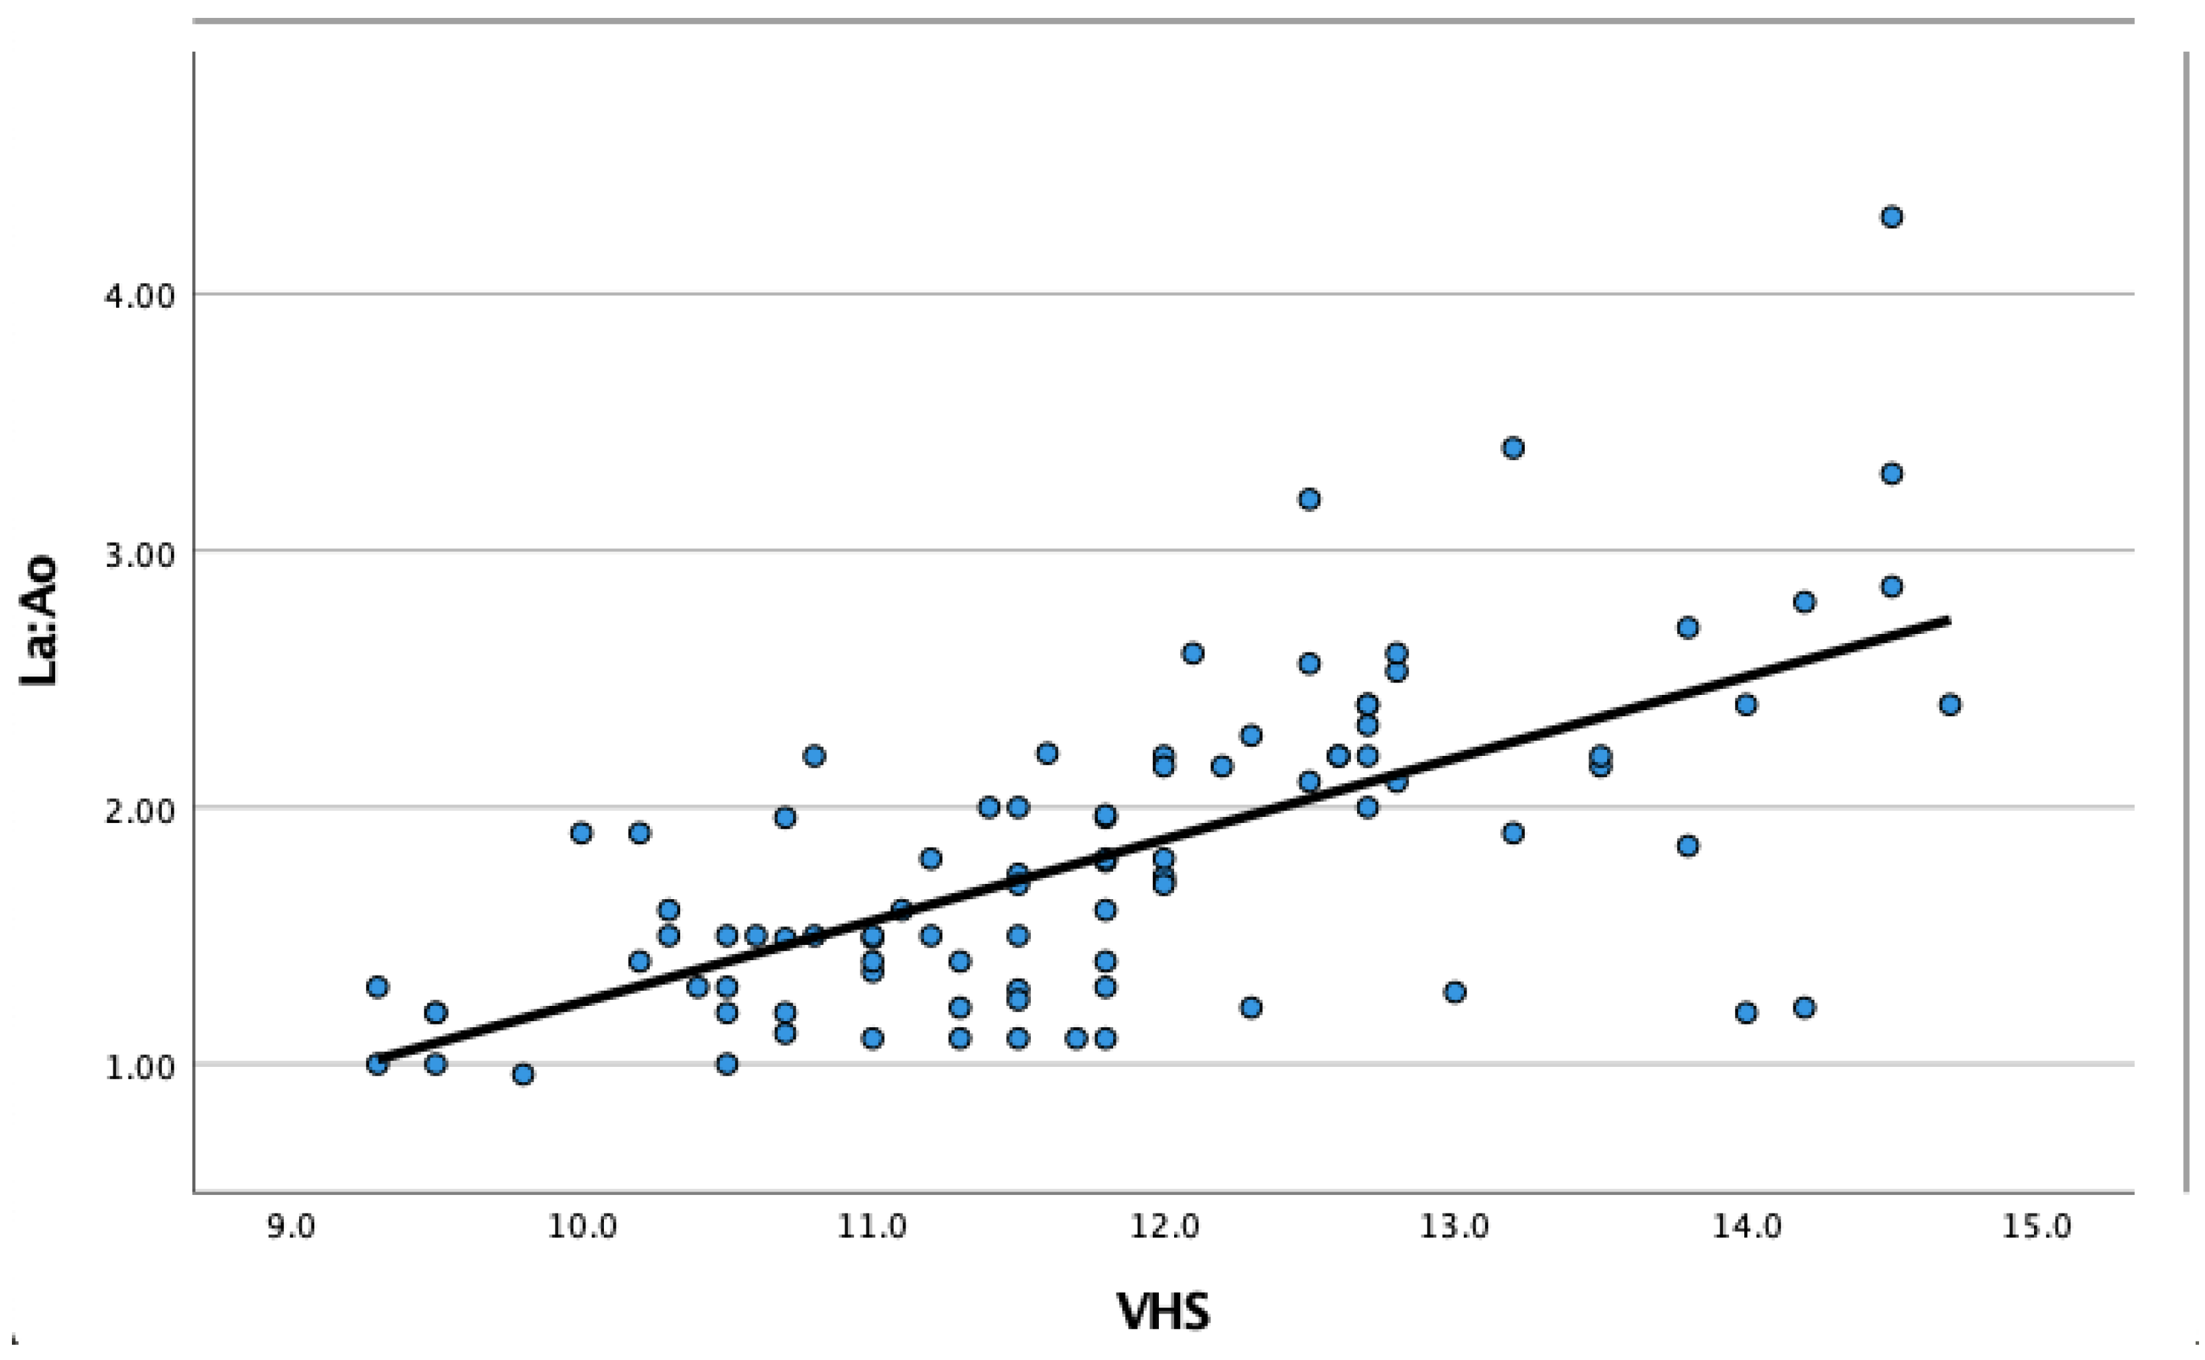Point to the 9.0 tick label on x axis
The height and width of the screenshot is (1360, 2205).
coord(290,1227)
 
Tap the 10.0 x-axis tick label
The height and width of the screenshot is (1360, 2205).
coord(582,1227)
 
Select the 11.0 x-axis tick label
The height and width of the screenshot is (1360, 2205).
coord(872,1227)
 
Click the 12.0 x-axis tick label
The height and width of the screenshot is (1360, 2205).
coord(1163,1227)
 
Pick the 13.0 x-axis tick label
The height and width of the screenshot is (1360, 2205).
coord(1454,1227)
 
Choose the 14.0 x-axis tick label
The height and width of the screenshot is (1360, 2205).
coord(1746,1227)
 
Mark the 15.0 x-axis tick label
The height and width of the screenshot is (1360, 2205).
coord(2036,1227)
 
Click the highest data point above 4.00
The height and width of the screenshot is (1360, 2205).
coord(1891,217)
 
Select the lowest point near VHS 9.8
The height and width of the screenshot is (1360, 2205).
coord(523,1074)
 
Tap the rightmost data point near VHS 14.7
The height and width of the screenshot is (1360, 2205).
coord(1950,704)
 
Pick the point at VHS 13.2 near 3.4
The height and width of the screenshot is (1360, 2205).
coord(1514,448)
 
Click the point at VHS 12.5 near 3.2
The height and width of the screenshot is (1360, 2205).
coord(1309,499)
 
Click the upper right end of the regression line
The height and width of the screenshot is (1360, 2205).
coord(1948,620)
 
